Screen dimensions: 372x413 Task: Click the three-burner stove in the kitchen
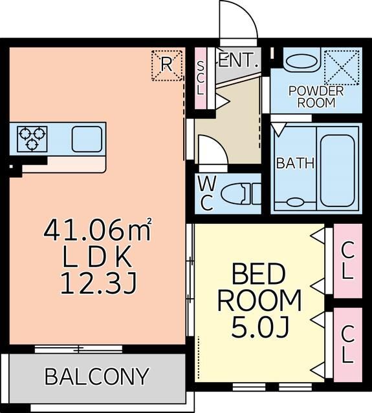[32, 139]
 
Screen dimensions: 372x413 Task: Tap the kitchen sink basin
[87, 139]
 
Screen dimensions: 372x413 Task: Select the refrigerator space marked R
[167, 65]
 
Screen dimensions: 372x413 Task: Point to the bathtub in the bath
[337, 170]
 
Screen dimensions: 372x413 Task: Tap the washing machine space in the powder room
[342, 68]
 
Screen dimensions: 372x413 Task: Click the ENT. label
[238, 60]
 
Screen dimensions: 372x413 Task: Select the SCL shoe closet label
[201, 78]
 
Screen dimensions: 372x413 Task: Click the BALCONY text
[96, 377]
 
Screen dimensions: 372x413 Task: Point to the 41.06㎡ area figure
[98, 230]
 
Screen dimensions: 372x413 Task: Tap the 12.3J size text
[98, 283]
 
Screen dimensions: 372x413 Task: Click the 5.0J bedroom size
[259, 327]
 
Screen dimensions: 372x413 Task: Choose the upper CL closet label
[347, 260]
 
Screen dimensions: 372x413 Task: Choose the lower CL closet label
[347, 344]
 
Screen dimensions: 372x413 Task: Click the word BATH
[296, 163]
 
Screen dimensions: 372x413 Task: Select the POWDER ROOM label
[316, 97]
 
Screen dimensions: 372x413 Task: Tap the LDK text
[97, 257]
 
